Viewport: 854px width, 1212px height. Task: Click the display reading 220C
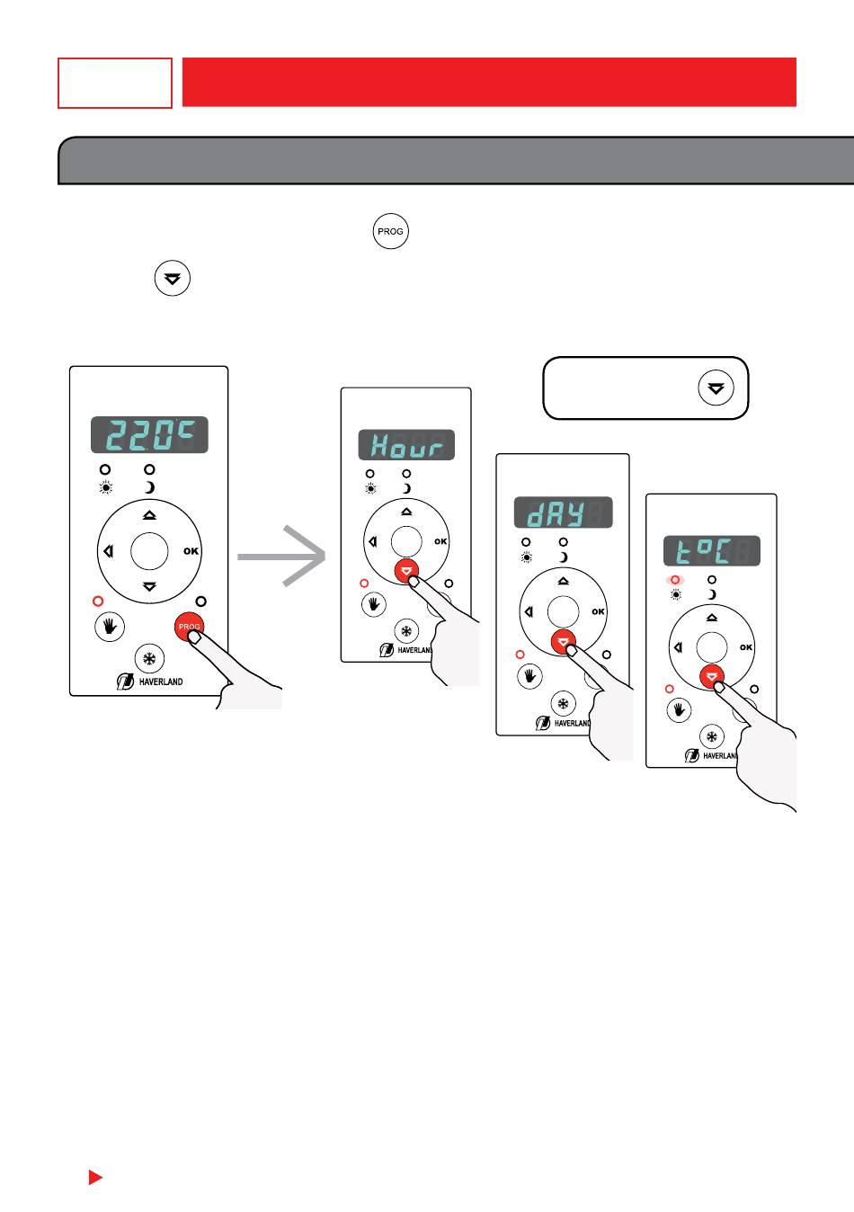tap(149, 434)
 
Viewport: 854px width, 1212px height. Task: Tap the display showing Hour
tap(406, 445)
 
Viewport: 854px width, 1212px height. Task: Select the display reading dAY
tap(563, 512)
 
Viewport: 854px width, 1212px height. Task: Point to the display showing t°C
tap(712, 551)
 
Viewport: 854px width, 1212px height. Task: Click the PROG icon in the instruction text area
tap(390, 231)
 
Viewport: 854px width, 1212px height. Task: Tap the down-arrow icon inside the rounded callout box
tap(716, 388)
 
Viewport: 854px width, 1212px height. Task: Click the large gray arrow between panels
tap(281, 556)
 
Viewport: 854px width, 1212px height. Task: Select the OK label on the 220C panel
tap(191, 551)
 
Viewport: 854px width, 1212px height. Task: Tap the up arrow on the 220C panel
tap(149, 515)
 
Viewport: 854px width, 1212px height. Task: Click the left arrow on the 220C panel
tap(109, 551)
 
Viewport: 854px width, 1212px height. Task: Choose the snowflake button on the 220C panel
tap(149, 658)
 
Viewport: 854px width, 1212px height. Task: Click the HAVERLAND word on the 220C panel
tap(161, 682)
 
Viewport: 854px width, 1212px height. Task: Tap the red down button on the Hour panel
tap(406, 571)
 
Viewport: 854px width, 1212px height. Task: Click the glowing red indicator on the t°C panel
tap(675, 580)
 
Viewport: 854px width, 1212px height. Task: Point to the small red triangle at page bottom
tap(95, 1177)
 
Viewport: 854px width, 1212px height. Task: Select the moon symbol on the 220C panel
tap(149, 488)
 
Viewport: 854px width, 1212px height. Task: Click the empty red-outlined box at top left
tap(115, 84)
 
